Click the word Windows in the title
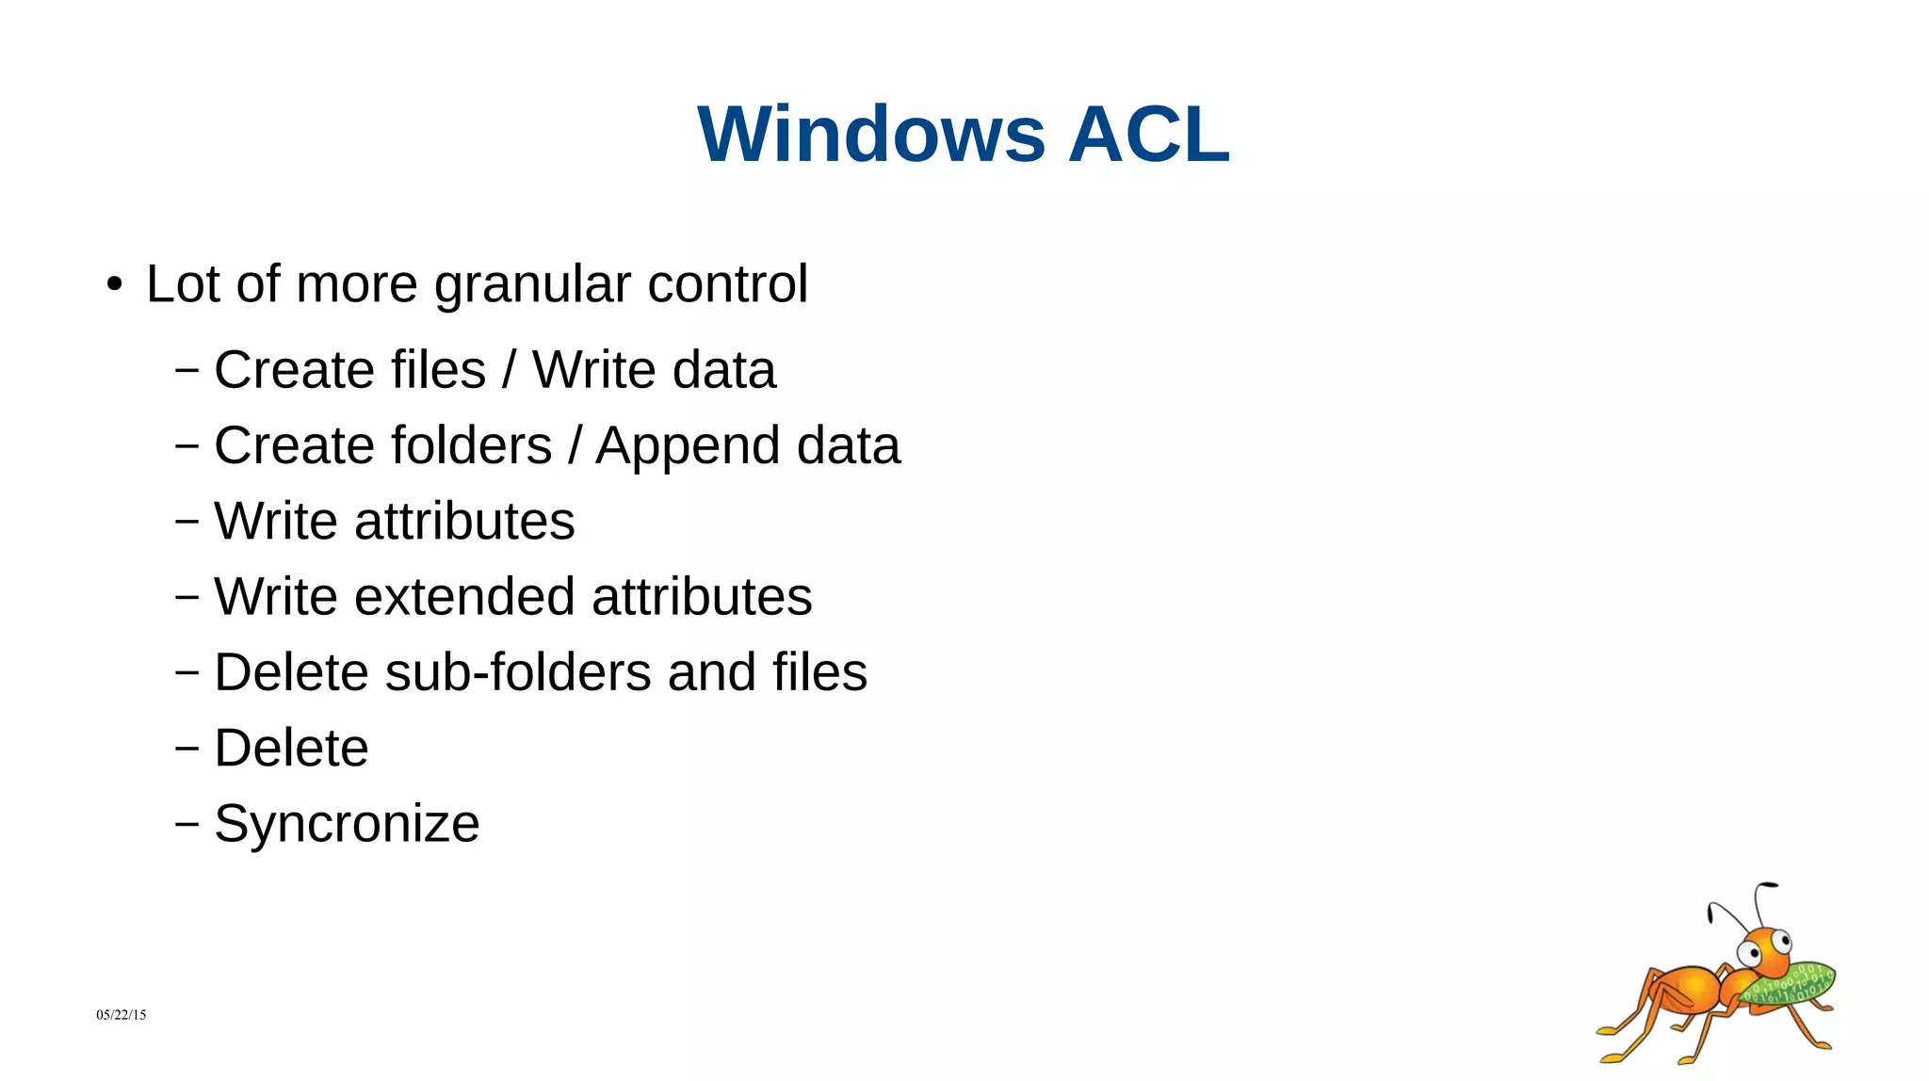[871, 135]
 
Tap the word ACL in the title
[1149, 135]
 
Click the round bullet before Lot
[115, 284]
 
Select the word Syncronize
[347, 824]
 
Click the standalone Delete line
[291, 749]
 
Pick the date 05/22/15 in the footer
[121, 1015]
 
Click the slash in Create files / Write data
[509, 370]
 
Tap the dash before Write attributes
[186, 521]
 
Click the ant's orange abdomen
[1681, 989]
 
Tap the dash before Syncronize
[186, 824]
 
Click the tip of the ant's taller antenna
[1771, 885]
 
